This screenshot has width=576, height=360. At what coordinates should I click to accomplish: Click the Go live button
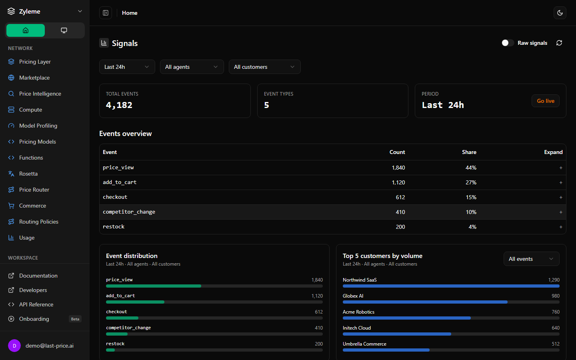pos(546,101)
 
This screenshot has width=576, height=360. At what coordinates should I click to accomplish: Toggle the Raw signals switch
pos(508,43)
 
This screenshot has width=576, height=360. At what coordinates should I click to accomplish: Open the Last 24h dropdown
pos(127,67)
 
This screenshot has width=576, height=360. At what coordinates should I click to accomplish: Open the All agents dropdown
pos(192,67)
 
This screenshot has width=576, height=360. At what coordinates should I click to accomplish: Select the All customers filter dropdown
pos(265,67)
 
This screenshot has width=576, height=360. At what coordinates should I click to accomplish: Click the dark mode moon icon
pos(560,13)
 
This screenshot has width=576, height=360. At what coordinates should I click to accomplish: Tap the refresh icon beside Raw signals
pos(559,43)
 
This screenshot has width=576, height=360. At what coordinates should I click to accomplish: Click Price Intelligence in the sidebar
pos(40,94)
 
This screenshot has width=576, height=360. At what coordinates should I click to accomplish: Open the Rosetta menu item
pos(28,174)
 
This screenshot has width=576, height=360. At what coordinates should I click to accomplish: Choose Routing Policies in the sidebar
pos(38,222)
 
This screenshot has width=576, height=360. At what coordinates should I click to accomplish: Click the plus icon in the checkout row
pos(561,197)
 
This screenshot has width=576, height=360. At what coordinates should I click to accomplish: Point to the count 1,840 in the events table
pos(398,168)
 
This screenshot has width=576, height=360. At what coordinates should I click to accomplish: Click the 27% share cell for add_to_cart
pos(471,182)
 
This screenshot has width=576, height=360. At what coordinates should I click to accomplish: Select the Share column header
pos(469,152)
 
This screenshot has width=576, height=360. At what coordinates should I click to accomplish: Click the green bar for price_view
pos(154,286)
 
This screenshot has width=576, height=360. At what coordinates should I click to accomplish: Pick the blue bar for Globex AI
pos(425,302)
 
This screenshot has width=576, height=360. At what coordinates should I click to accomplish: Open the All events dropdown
pos(531,259)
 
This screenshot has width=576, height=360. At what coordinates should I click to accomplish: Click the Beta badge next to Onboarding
pos(75,319)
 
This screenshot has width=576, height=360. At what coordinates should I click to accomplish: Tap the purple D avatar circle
pos(14,346)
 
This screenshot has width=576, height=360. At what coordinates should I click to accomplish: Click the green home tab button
pos(26,30)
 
